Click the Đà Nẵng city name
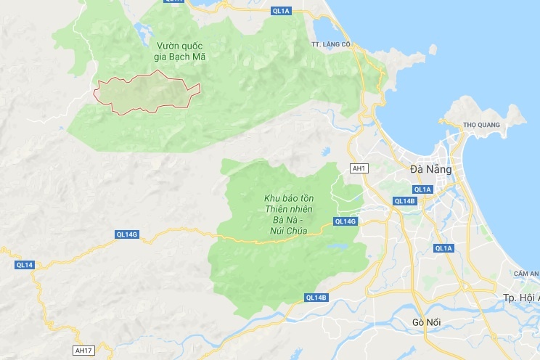tap(430, 169)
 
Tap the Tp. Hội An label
tap(521, 298)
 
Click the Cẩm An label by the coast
tap(526, 274)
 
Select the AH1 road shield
tap(359, 168)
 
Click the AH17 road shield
tap(84, 351)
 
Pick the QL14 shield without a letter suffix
tap(25, 265)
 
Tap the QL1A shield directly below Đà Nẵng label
tap(423, 189)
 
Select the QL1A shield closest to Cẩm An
tap(443, 248)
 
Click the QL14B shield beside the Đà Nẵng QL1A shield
tap(404, 200)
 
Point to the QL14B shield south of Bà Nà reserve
tap(317, 298)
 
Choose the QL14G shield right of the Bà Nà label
tap(345, 221)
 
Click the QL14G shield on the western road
tap(126, 234)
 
